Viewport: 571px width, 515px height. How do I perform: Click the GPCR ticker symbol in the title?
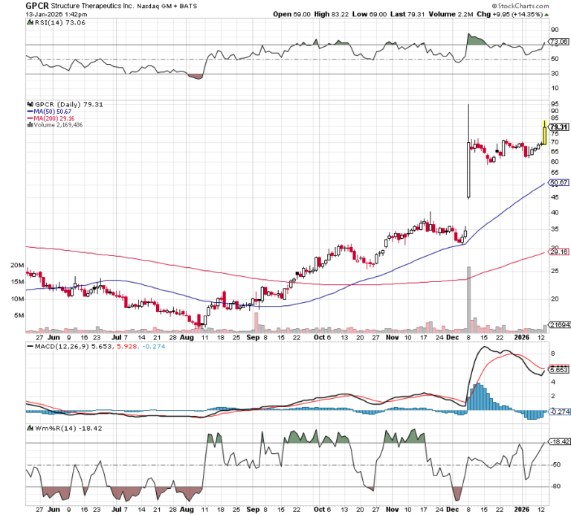[x=15, y=5]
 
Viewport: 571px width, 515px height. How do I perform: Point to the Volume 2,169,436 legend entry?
[x=57, y=125]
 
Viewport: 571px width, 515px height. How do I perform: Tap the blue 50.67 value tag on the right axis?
[x=558, y=182]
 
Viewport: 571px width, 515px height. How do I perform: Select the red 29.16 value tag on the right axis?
[x=558, y=252]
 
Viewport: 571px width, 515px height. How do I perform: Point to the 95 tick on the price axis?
[x=554, y=104]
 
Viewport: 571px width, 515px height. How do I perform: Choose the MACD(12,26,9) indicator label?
[x=57, y=346]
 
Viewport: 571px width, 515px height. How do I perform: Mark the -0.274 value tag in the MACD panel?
[x=558, y=412]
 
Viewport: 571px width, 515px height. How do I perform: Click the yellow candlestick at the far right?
[x=545, y=132]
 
